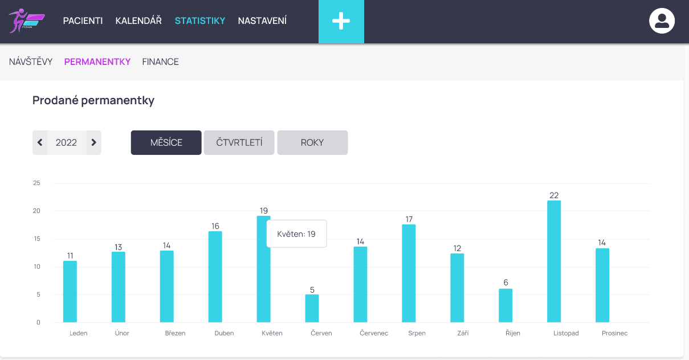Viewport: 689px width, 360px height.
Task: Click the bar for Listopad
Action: [553, 261]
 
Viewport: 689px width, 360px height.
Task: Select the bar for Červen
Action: [312, 308]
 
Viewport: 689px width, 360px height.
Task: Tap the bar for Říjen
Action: [505, 305]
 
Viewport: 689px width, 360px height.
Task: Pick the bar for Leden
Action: [70, 292]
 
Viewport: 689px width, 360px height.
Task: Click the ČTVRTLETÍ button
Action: [239, 142]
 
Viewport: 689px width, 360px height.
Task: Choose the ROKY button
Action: [312, 142]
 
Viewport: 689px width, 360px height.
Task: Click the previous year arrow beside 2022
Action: [40, 142]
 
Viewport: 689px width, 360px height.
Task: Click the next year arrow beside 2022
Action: [94, 142]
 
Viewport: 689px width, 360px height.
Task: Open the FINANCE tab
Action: [160, 62]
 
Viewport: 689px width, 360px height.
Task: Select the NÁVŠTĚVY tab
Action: [31, 62]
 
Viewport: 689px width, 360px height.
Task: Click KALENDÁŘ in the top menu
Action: [138, 21]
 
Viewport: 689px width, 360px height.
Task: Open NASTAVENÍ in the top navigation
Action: [262, 21]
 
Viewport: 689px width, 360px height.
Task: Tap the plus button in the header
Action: [341, 22]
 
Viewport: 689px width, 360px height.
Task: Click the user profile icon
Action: [662, 21]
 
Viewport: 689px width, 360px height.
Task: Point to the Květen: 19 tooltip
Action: [296, 234]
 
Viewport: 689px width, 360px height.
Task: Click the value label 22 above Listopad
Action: [554, 195]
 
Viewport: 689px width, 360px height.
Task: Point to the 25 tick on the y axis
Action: [37, 183]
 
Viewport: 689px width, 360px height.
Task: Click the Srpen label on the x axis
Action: [417, 333]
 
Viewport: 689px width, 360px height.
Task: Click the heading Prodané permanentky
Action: [93, 101]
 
